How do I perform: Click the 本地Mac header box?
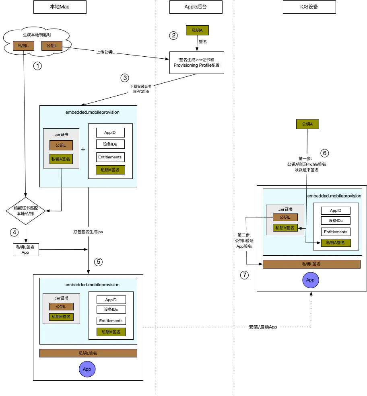(x=60, y=7)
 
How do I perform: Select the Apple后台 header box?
(x=196, y=7)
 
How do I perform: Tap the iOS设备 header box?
(x=309, y=7)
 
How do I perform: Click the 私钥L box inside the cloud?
(x=23, y=46)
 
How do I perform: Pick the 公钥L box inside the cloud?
(x=52, y=46)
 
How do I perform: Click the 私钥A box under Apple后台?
(x=198, y=30)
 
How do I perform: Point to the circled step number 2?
(x=173, y=35)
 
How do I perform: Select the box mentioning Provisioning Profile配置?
(x=197, y=63)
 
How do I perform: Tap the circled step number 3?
(x=125, y=78)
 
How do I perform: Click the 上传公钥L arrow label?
(x=105, y=52)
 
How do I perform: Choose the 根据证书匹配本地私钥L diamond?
(x=26, y=211)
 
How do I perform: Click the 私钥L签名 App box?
(x=26, y=250)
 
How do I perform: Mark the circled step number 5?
(x=98, y=262)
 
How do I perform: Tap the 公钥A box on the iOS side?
(x=307, y=124)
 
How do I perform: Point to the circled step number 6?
(x=325, y=153)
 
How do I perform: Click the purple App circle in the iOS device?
(x=311, y=280)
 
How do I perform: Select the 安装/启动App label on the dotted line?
(x=263, y=327)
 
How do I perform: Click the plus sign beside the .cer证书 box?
(x=83, y=149)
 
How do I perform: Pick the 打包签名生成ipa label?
(x=88, y=232)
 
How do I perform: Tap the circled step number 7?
(x=244, y=275)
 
